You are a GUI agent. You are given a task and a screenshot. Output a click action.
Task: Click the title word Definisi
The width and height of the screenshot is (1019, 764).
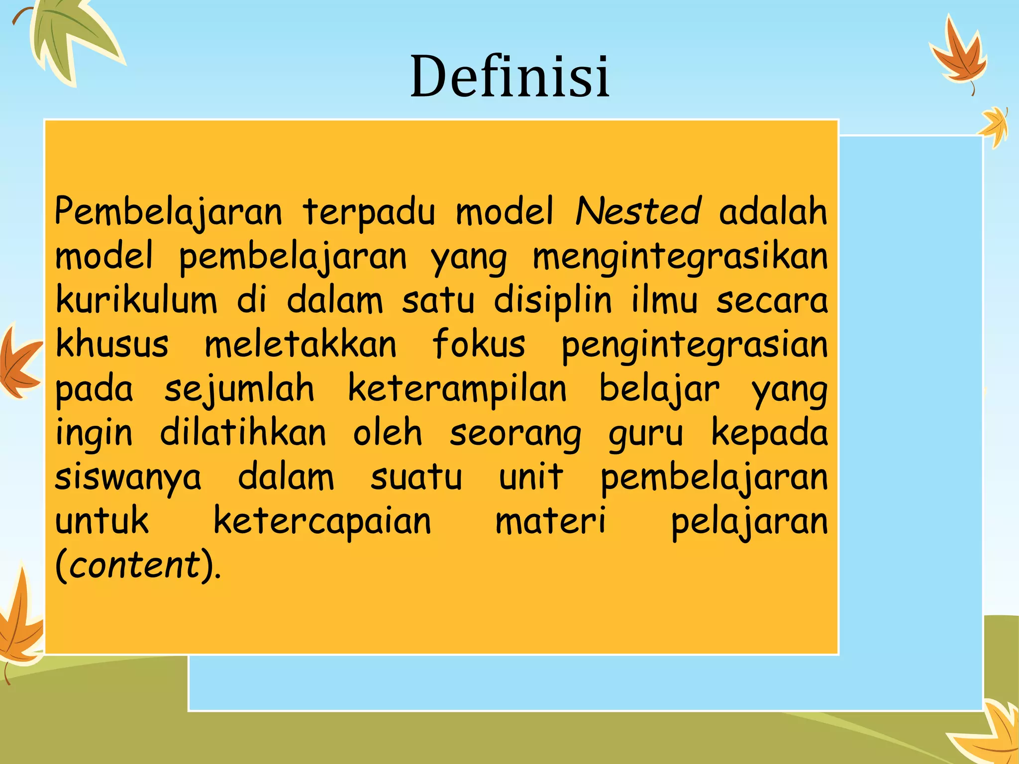(509, 77)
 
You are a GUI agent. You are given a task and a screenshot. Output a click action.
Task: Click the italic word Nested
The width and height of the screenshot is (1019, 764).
(638, 211)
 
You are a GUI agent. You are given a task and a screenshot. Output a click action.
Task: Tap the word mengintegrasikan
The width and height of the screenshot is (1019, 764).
(680, 257)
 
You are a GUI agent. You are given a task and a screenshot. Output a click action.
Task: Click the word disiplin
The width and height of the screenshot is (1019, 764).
(552, 301)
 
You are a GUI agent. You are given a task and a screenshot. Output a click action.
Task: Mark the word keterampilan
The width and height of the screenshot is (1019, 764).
(457, 389)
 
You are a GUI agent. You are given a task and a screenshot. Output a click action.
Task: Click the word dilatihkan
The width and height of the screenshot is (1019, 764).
(243, 432)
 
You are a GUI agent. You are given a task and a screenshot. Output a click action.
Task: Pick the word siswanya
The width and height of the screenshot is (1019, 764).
(128, 477)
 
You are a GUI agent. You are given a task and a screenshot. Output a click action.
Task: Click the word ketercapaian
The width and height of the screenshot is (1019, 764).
(322, 521)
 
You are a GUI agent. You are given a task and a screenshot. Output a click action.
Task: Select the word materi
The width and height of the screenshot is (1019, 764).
(550, 521)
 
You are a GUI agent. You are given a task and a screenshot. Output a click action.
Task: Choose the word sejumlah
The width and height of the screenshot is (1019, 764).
(239, 389)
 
